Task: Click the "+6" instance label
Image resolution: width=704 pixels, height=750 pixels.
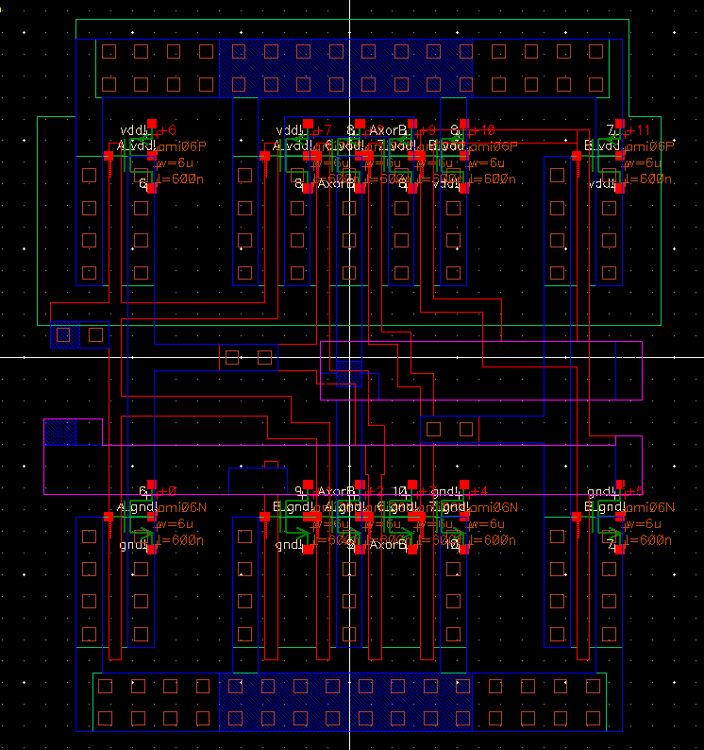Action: click(168, 129)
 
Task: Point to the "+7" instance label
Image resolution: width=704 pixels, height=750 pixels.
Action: click(323, 129)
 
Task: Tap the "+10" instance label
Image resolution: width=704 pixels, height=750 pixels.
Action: click(481, 129)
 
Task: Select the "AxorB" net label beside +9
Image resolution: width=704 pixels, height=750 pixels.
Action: click(388, 129)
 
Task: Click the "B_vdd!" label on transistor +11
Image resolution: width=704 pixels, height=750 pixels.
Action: click(600, 146)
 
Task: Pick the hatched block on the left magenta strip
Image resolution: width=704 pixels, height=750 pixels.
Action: click(59, 433)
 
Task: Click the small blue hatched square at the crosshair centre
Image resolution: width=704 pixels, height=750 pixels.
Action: click(349, 362)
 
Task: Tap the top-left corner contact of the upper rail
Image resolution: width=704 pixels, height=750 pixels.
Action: click(109, 50)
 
